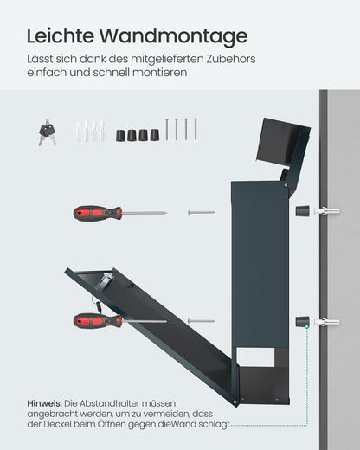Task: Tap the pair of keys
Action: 46,132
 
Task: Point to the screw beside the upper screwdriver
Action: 201,210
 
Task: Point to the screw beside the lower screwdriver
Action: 201,321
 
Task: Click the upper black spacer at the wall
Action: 303,210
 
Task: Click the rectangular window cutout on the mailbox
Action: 259,354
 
